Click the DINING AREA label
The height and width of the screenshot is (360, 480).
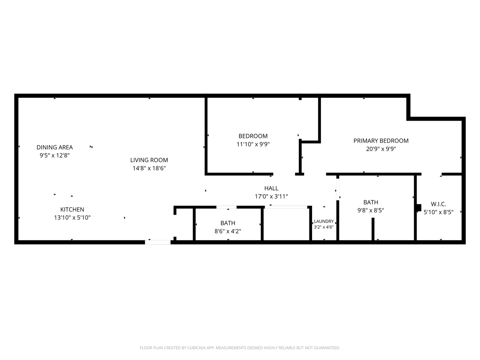click(x=55, y=147)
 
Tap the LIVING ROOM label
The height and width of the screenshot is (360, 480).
click(x=149, y=160)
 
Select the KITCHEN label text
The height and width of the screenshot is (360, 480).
click(x=72, y=209)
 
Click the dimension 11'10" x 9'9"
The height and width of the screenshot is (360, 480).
click(x=253, y=144)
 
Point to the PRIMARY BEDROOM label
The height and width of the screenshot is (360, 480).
click(x=381, y=141)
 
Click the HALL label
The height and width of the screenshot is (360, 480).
click(x=271, y=188)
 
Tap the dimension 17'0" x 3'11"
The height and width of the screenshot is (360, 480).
click(x=271, y=196)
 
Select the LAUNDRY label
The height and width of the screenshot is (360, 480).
click(x=324, y=221)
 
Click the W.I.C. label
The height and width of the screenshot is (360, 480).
click(x=438, y=204)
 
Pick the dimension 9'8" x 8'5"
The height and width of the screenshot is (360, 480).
click(x=371, y=210)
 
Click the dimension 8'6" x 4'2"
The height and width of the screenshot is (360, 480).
click(x=228, y=231)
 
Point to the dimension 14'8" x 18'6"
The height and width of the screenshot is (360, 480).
click(x=149, y=168)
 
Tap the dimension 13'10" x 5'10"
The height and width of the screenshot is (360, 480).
click(x=72, y=217)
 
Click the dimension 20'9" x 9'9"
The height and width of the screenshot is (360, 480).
click(x=381, y=149)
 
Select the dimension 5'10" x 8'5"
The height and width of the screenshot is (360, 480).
click(x=438, y=212)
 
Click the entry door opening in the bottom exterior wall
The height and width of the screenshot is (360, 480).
click(x=158, y=242)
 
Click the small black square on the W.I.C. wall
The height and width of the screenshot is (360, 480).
click(x=419, y=208)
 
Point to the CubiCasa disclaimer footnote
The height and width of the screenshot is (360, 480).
click(x=240, y=348)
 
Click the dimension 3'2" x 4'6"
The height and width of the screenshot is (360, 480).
click(x=324, y=227)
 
